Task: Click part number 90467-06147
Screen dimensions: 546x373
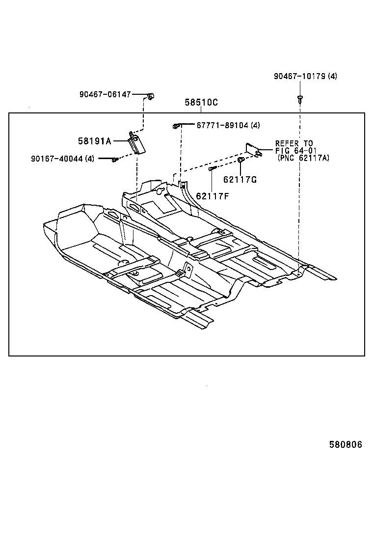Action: pos(105,94)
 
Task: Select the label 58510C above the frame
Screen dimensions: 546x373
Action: pos(201,103)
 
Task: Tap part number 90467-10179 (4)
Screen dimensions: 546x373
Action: pos(305,77)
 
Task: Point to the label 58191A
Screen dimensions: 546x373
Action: pos(95,141)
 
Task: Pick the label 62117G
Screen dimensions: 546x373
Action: pos(240,180)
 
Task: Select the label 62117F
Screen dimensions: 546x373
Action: pos(213,196)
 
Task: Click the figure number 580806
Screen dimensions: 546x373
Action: pos(346,445)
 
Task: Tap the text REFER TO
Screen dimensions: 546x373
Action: pos(294,143)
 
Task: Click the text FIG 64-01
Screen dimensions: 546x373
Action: pos(294,151)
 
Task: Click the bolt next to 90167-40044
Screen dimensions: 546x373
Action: pos(114,159)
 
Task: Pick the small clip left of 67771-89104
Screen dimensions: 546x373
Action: pos(176,126)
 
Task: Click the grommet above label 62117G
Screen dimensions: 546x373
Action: pos(240,161)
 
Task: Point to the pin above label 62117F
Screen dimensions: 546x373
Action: pos(212,168)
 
